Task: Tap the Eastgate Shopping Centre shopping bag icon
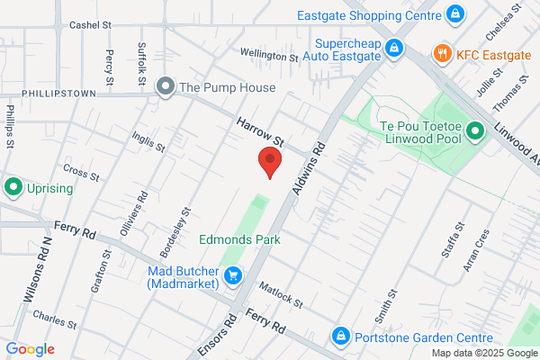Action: pos(455,14)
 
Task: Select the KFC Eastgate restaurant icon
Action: pos(441,54)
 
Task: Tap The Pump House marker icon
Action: pos(165,87)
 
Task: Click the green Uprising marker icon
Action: pos(13,188)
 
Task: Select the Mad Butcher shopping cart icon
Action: pos(233,276)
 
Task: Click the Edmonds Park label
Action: pos(239,239)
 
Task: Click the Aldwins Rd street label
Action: pos(309,167)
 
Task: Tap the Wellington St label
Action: pos(268,56)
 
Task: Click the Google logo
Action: pos(30,349)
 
